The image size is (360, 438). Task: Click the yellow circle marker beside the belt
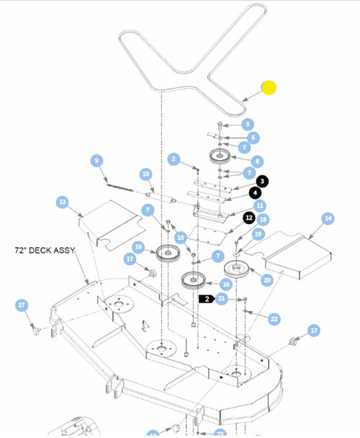269,88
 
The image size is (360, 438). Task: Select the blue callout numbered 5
247,124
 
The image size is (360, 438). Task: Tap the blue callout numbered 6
253,137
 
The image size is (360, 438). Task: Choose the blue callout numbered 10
145,174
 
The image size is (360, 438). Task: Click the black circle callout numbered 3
263,181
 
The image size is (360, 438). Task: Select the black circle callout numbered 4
256,192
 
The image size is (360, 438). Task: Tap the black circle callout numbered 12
248,217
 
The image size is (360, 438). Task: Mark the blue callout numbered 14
328,218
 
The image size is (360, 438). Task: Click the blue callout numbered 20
266,280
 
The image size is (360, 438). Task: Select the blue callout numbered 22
274,318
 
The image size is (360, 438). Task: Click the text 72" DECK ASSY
48,251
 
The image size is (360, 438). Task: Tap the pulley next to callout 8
219,156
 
